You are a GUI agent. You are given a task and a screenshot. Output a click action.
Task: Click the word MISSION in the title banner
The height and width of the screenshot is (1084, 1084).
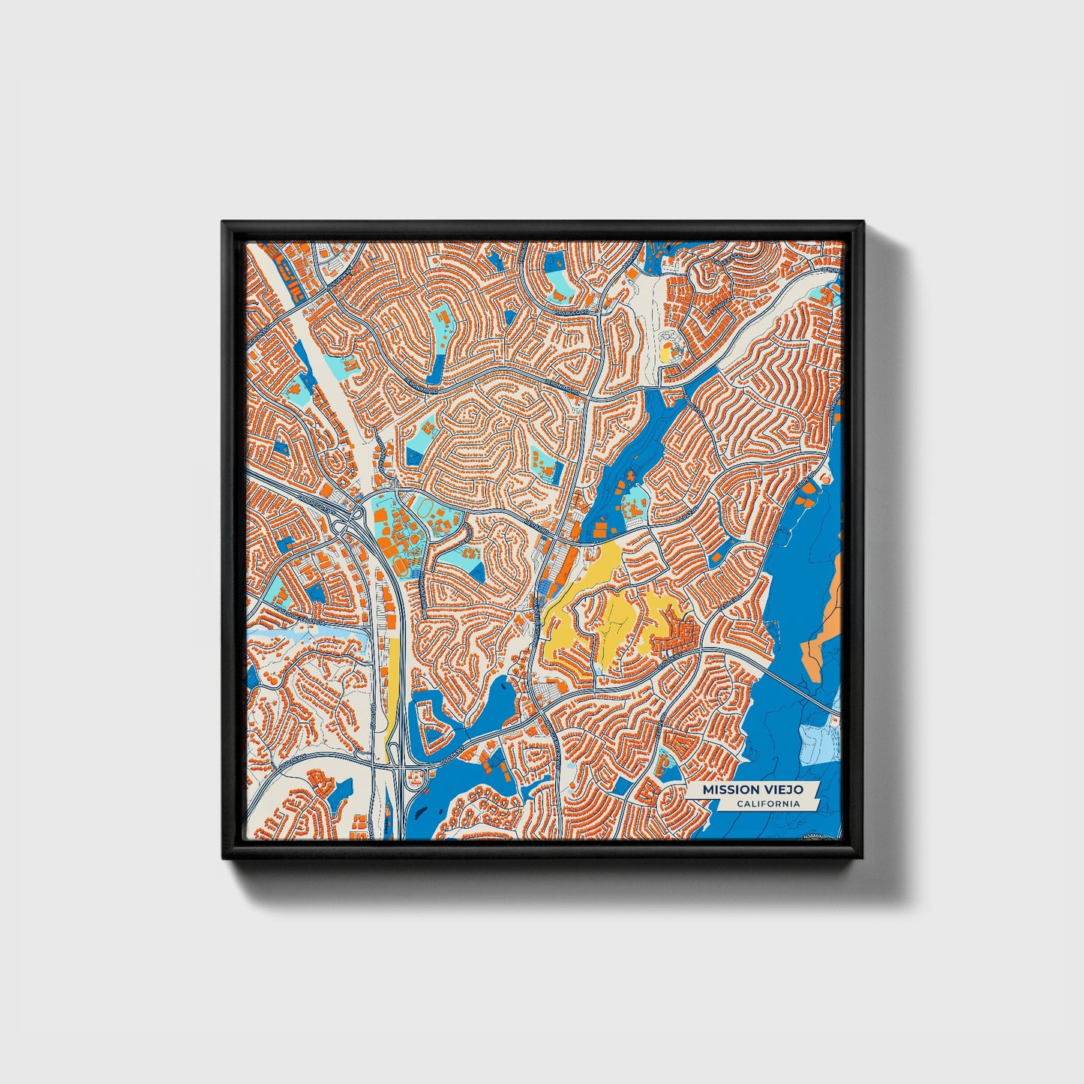(728, 790)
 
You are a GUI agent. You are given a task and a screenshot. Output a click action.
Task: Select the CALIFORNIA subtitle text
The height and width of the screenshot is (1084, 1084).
(767, 804)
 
